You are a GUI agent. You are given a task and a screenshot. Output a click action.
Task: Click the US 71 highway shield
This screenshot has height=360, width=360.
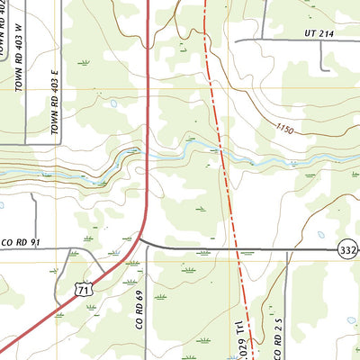point(83,288)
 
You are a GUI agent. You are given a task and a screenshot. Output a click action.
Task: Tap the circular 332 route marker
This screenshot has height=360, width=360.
point(348,248)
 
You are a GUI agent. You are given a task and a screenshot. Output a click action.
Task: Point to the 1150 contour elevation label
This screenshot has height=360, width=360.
point(285,131)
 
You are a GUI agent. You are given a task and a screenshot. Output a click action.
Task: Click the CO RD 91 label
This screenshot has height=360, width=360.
point(22,242)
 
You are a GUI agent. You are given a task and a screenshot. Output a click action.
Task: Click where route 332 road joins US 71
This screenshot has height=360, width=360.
point(140,241)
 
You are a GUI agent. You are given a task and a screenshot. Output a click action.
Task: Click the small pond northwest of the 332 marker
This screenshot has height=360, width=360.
point(320,234)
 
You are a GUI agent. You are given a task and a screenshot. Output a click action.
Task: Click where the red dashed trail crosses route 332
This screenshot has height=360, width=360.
point(237,249)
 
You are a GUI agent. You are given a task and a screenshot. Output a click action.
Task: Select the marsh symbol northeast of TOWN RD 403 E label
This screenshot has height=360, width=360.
point(85,62)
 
